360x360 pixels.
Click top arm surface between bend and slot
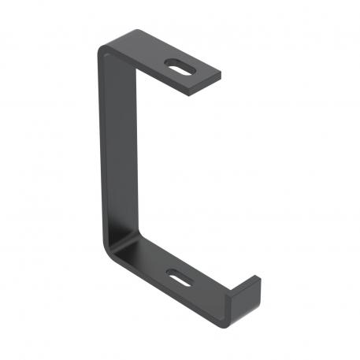coord(146,55)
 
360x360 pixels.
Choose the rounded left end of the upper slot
coord(169,65)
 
